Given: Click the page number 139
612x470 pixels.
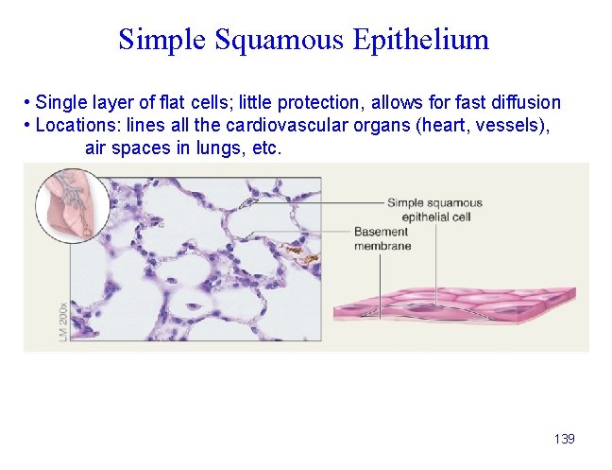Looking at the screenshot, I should click(x=564, y=439).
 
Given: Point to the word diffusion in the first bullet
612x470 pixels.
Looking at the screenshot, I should click(x=526, y=102).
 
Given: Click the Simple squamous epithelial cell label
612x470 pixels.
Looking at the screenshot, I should click(x=434, y=209).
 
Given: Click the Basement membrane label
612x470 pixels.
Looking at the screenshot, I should click(x=382, y=239).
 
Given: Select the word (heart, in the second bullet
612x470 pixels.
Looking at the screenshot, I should click(x=440, y=125).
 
